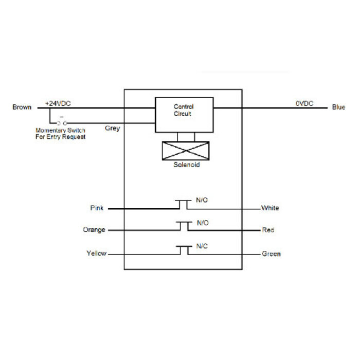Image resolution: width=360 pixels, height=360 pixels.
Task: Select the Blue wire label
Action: tap(338, 107)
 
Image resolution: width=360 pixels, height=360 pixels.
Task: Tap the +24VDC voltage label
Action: tap(58, 103)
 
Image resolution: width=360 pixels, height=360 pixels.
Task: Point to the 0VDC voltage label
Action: tap(304, 103)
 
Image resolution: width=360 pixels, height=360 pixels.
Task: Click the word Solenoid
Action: tap(186, 165)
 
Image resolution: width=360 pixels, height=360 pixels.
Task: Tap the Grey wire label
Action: tap(112, 128)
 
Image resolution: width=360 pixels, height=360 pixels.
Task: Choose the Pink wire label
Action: tap(97, 208)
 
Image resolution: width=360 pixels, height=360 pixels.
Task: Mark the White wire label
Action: tap(270, 208)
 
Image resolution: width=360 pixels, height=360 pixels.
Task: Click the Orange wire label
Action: tap(94, 229)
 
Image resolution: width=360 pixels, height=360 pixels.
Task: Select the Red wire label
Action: tap(267, 229)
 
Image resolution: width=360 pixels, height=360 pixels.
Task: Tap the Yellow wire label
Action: tap(96, 254)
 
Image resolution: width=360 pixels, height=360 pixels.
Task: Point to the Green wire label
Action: tap(271, 254)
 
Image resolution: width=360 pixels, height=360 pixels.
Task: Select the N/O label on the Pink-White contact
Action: tap(203, 200)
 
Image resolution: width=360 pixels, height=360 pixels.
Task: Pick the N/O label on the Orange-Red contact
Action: tap(203, 223)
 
